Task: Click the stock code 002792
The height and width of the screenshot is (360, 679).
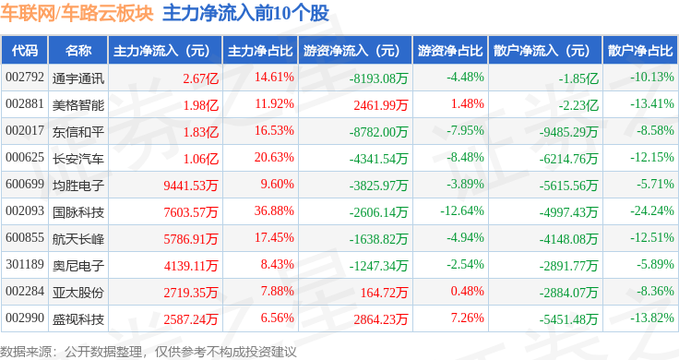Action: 25,78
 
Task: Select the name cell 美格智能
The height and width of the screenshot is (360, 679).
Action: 78,105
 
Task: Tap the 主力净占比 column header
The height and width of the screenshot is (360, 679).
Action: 260,51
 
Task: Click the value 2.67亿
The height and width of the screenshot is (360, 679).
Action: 200,78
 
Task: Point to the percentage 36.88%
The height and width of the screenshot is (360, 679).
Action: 274,211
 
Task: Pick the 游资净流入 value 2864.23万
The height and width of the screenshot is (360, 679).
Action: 381,319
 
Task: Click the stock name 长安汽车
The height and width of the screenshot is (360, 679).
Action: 78,159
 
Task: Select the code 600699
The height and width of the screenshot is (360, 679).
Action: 25,184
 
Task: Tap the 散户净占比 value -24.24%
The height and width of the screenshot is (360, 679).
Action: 651,211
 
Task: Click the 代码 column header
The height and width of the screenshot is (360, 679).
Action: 25,51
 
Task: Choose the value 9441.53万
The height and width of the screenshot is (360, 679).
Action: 191,186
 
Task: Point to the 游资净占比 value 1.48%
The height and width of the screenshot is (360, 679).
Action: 467,104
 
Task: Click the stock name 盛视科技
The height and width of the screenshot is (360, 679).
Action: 78,319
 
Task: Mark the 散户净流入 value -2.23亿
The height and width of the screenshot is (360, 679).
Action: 578,105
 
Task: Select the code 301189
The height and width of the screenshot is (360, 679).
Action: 25,264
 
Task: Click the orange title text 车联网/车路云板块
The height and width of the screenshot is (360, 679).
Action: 77,13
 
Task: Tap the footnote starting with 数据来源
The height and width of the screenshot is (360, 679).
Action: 149,352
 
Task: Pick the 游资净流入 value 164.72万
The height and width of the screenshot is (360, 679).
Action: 384,293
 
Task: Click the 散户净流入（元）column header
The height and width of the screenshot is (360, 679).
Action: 545,51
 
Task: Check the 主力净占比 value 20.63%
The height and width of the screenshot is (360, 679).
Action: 274,157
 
